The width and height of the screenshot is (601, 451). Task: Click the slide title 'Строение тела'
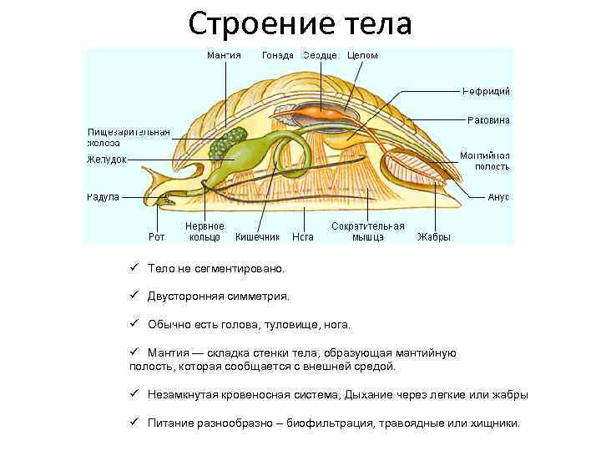coord(300,23)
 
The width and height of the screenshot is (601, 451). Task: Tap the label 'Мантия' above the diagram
coord(224,56)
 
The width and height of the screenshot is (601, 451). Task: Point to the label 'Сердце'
coord(320,56)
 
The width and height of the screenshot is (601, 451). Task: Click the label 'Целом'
coord(363,56)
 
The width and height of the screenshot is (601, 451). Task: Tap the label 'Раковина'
coord(488,120)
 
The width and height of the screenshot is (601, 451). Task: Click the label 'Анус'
coord(498,197)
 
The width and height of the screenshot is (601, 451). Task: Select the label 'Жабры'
coord(434,236)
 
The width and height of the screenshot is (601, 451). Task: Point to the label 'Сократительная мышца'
coord(368,231)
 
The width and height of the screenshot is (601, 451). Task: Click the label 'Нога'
coord(302,236)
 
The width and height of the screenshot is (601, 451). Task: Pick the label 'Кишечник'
coord(257,236)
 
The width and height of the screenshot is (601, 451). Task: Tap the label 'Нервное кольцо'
coord(205,231)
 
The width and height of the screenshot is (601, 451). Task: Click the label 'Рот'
coord(156,236)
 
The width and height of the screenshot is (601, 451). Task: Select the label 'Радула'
coord(104,197)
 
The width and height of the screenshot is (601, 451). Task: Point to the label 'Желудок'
coord(106,160)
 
